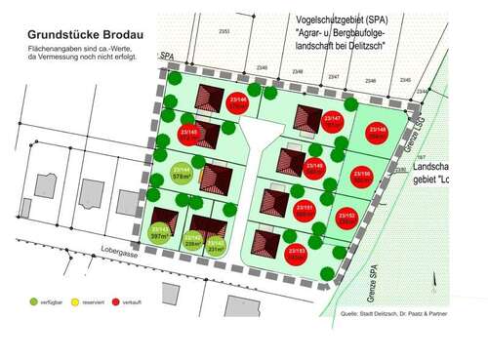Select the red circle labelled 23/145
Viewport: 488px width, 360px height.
[x=190, y=136]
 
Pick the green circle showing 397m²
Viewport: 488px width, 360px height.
[x=162, y=232]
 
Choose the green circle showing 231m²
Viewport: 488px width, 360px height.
[x=217, y=245]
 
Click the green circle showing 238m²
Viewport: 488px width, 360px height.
[x=192, y=242]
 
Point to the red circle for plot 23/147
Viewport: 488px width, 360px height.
[x=333, y=123]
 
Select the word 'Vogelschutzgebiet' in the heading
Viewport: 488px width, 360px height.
[x=322, y=19]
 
